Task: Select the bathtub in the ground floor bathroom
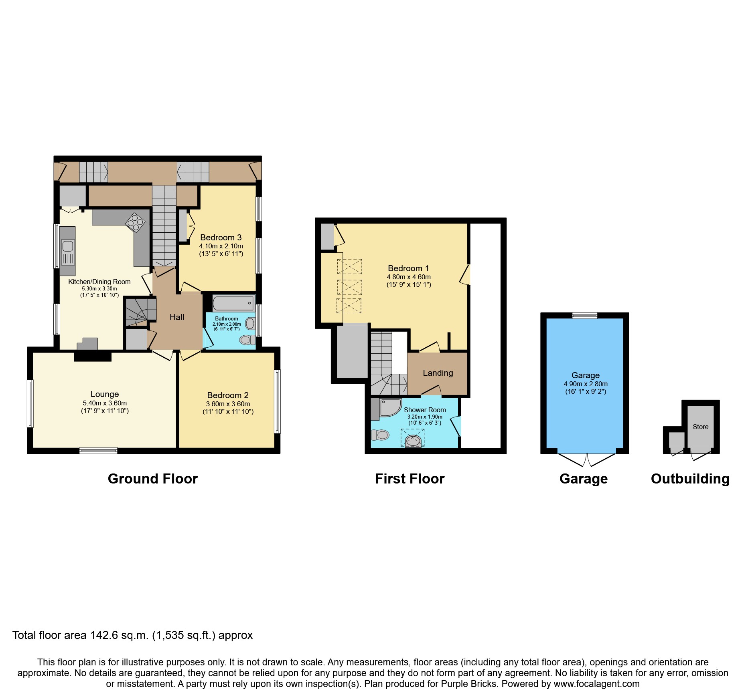[233, 303]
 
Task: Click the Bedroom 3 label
[221, 238]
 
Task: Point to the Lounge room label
[104, 394]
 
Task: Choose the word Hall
[176, 317]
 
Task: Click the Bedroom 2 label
[227, 395]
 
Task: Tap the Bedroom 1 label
[408, 268]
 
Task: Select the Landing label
[438, 373]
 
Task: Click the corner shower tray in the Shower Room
[389, 407]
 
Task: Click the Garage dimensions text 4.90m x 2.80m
[585, 384]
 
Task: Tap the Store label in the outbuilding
[700, 427]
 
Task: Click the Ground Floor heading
[152, 479]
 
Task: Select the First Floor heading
[409, 479]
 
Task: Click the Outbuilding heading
[690, 479]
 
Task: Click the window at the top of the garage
[584, 316]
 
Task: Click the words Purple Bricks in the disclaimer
[468, 684]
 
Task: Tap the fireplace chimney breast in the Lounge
[93, 356]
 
